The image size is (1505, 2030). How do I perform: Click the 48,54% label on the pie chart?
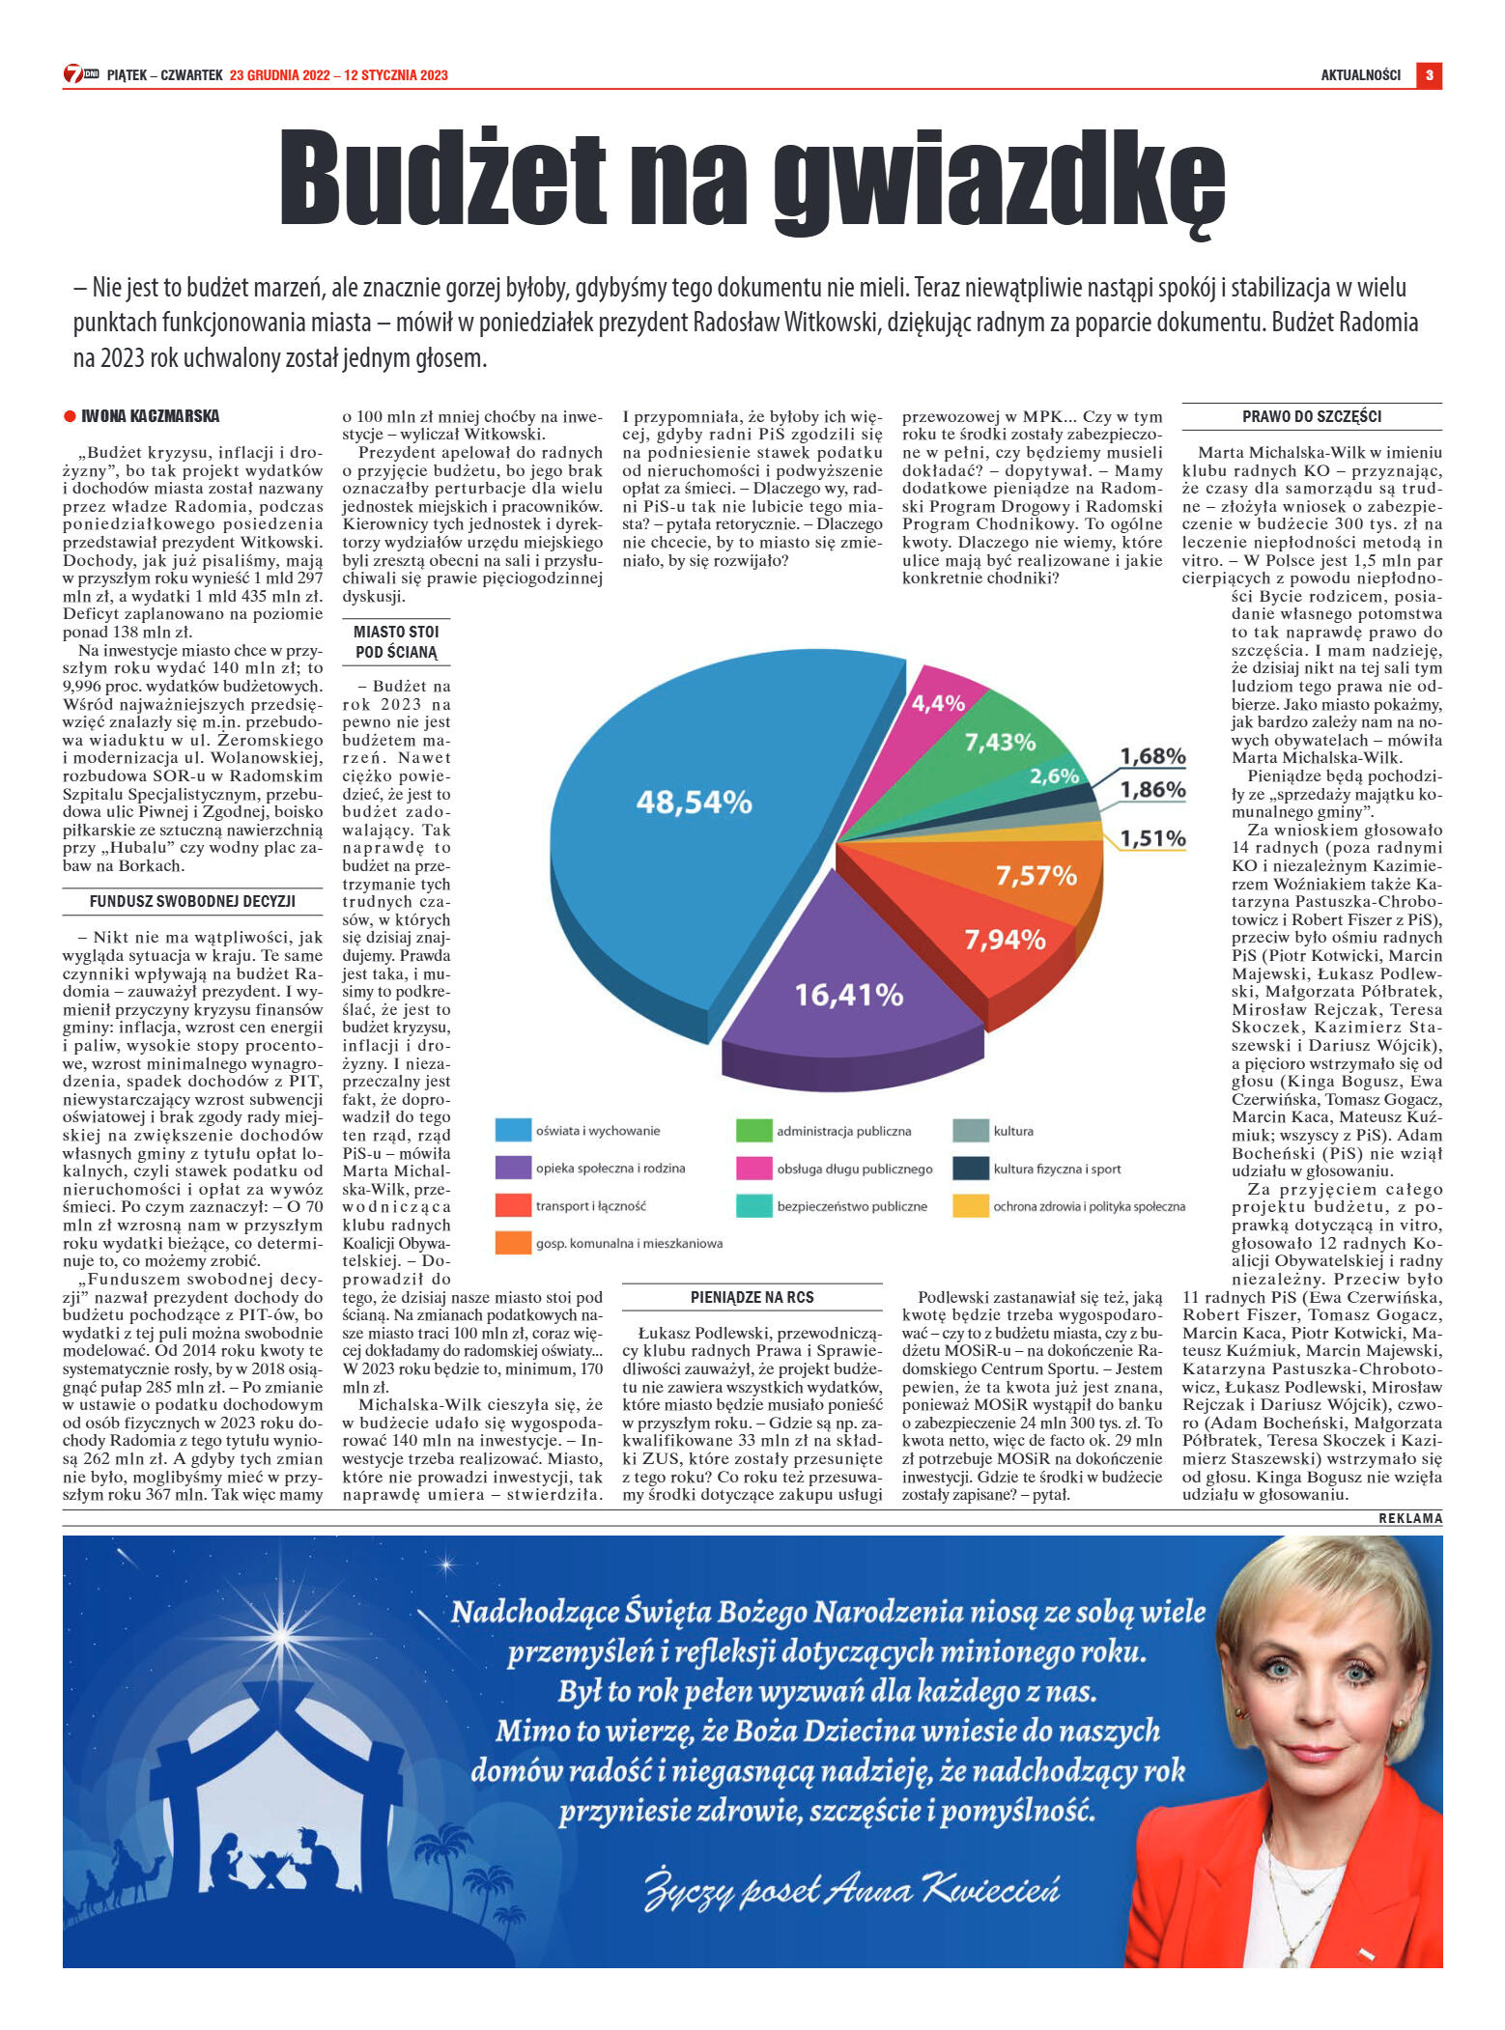[694, 802]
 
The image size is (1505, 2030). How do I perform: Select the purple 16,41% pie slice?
[848, 995]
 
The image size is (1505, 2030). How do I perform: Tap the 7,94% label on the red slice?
[1005, 940]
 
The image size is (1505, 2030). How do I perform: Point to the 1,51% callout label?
[1152, 838]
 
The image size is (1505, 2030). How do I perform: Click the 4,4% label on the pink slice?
[938, 703]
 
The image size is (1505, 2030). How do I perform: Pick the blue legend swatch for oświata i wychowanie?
[513, 1130]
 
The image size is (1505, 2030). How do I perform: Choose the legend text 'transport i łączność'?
[590, 1206]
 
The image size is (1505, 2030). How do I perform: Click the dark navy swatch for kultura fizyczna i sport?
[970, 1169]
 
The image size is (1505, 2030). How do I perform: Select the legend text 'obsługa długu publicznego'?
[855, 1169]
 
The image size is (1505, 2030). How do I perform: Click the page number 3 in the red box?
[1429, 75]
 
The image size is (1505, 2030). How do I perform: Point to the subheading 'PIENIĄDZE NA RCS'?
[752, 1297]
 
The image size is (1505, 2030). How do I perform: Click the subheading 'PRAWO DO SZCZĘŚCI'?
[1311, 416]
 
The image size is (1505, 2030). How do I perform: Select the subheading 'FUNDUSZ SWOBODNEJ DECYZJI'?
[192, 901]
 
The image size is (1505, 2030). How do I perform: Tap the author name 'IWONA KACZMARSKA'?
[150, 416]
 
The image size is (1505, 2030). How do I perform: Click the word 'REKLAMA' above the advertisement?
[1410, 1518]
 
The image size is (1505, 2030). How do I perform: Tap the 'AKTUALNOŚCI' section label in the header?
[1360, 75]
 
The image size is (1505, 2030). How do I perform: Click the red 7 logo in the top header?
[73, 74]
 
